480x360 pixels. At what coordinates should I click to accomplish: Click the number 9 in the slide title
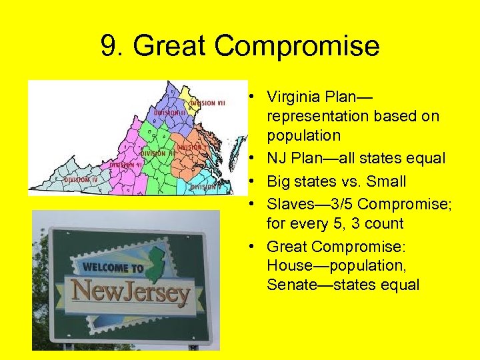(109, 47)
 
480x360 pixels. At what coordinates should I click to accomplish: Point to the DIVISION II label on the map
(169, 113)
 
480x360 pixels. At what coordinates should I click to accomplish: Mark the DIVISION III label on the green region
(157, 153)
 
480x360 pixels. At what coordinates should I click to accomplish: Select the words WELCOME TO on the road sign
(113, 269)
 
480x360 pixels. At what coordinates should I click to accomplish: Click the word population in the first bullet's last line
(303, 136)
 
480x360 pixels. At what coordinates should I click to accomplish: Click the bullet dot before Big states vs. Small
(255, 181)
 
